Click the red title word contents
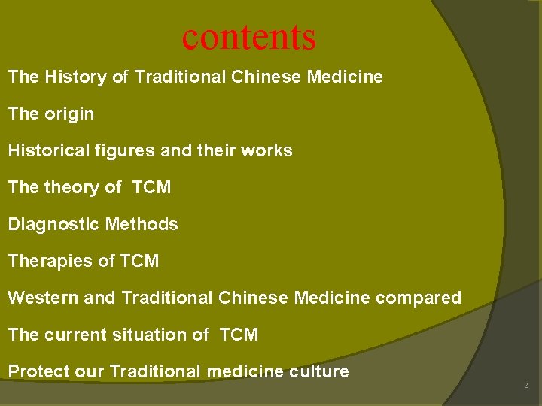click(x=249, y=37)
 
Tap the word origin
click(x=69, y=114)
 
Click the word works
click(x=266, y=150)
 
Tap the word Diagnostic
click(x=54, y=224)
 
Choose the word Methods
click(x=142, y=224)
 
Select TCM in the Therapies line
click(x=139, y=261)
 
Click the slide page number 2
click(x=526, y=386)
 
